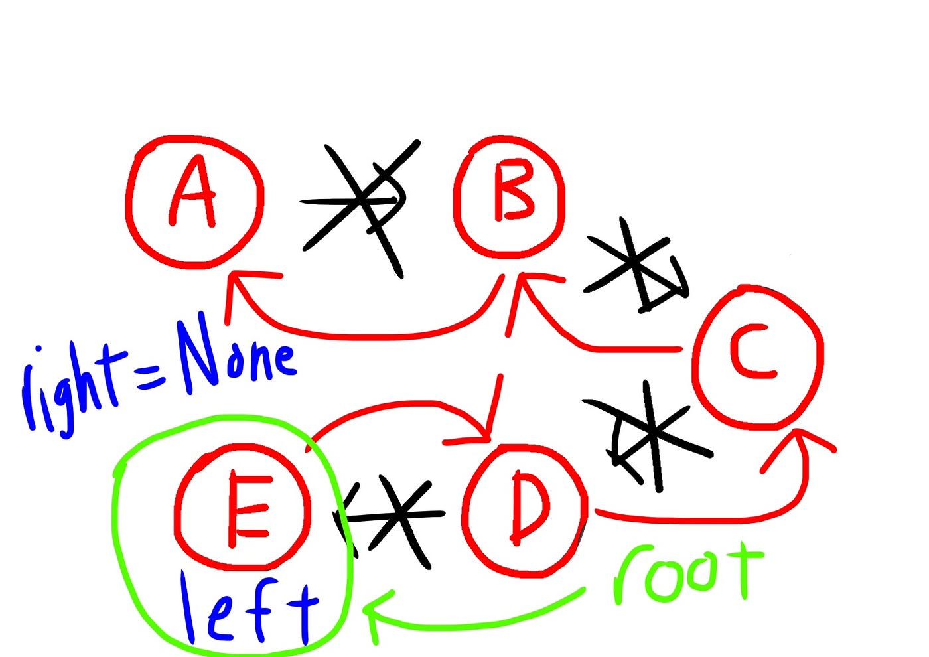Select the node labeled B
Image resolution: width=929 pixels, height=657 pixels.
coord(510,196)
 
